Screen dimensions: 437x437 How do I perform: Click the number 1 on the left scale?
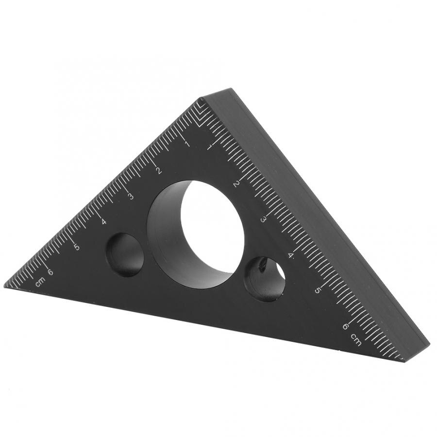(186, 144)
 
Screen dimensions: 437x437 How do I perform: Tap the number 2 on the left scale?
(158, 170)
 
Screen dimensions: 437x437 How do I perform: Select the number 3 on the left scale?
(131, 196)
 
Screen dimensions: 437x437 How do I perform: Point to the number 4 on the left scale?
(103, 222)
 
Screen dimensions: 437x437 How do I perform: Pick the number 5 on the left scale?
(76, 247)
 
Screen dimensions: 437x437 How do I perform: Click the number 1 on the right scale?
(209, 146)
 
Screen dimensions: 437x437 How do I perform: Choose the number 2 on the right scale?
(236, 183)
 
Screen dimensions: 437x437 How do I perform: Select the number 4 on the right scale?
(291, 255)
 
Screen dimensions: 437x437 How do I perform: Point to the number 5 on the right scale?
(318, 290)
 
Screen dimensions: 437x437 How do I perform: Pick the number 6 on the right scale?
(345, 326)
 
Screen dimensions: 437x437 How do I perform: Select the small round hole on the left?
(125, 254)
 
